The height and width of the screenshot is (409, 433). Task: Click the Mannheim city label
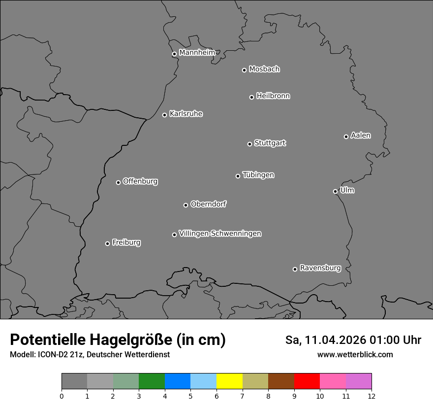[197, 52]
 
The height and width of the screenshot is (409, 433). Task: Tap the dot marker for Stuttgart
[249, 144]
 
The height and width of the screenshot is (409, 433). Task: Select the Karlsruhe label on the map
[186, 114]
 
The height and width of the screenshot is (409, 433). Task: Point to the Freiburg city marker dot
[107, 243]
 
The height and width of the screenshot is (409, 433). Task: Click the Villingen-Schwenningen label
[220, 234]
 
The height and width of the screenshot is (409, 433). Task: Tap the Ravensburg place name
[320, 268]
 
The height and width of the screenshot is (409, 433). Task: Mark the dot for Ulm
[335, 191]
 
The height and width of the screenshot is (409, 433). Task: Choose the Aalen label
[361, 136]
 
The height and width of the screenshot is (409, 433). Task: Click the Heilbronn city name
[273, 96]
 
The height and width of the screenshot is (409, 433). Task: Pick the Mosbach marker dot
[244, 70]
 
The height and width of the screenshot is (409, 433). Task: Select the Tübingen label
[258, 175]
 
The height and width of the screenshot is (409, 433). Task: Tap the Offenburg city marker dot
[118, 182]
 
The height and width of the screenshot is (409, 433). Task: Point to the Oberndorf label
[209, 204]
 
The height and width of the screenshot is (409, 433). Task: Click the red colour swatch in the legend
[307, 381]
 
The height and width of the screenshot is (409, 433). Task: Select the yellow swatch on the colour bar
[229, 381]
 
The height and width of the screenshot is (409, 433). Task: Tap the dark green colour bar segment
[152, 381]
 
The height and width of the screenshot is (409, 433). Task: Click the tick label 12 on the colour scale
[371, 396]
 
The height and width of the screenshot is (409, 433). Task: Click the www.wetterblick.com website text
[355, 354]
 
